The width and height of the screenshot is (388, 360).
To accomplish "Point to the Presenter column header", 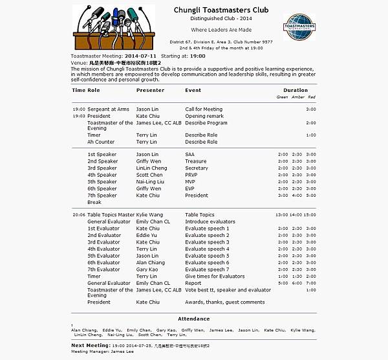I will pos(150,91).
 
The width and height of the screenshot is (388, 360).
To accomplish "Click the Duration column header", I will pos(296,91).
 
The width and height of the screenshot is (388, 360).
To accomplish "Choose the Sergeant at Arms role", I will pos(108,109).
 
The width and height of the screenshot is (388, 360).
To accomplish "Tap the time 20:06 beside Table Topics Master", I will pos(79,215).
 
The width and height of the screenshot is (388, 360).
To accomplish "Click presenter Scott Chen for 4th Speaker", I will pos(149,175).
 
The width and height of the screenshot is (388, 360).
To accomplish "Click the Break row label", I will pos(94,203).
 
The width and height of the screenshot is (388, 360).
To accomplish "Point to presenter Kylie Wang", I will pos(149,215).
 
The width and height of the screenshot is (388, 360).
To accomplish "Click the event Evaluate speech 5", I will pos(207,256).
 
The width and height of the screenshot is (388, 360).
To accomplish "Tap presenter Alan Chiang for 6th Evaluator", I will pos(150,263).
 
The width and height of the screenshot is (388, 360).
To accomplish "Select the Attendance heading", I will pos(193,319).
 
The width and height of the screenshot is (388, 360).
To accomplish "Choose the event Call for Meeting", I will pos(204,109).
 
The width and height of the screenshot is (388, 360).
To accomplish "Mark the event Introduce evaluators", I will pos(210,222).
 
